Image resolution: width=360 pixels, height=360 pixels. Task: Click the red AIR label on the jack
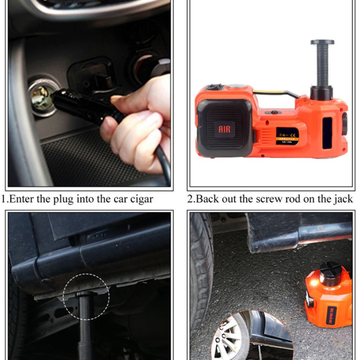pyautogui.click(x=225, y=129)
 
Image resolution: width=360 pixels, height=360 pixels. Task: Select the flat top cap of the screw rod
pyautogui.click(x=322, y=42)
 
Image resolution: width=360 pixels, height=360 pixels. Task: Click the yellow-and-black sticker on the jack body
pyautogui.click(x=287, y=136)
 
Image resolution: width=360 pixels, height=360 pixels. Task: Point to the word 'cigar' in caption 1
pyautogui.click(x=141, y=199)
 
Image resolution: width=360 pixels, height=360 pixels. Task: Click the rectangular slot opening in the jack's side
pyautogui.click(x=327, y=133)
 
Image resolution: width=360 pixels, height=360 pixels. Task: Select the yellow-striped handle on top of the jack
pyautogui.click(x=276, y=94)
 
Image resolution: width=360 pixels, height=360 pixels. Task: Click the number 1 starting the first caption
pyautogui.click(x=3, y=199)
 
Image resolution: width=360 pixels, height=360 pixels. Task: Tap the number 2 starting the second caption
pyautogui.click(x=190, y=199)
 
